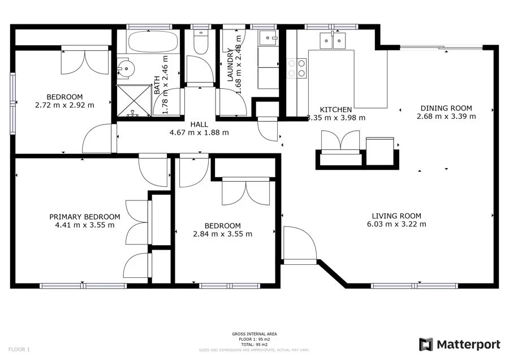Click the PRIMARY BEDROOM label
(84, 217)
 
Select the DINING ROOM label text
(446, 109)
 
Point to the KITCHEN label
(336, 110)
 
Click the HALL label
(199, 125)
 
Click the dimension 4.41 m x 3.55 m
(84, 225)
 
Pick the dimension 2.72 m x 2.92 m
(64, 105)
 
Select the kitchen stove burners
(296, 68)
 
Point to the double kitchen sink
(333, 41)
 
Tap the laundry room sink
(268, 38)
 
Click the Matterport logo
(459, 344)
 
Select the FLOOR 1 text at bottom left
(20, 349)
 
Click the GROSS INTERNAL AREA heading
(254, 334)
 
